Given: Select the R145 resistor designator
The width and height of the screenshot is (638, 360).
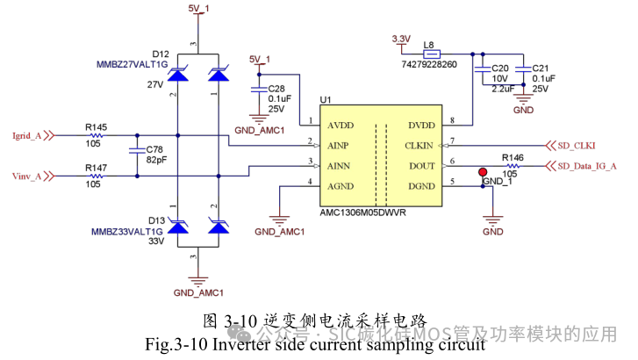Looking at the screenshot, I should coord(97,127).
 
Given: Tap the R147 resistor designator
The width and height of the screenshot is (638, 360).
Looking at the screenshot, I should coord(97,167).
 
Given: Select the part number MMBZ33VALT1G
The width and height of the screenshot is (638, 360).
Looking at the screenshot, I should coord(128,231).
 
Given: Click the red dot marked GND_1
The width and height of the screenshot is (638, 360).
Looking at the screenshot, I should coord(483,173).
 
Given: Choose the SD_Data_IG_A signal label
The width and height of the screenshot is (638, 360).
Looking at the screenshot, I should coord(588,166).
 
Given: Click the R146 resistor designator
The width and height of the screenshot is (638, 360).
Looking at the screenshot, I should coord(513,157).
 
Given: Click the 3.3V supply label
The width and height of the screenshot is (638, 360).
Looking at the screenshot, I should coord(400,39).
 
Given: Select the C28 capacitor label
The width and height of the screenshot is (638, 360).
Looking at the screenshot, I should coord(276,89).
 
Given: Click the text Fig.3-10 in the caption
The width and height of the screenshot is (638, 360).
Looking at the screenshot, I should coord(179,344).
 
